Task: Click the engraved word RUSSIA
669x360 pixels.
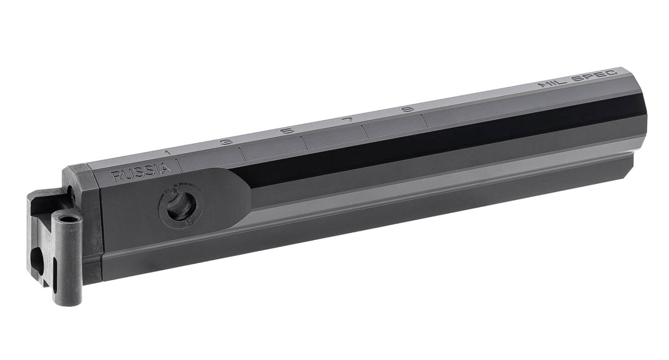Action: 140,173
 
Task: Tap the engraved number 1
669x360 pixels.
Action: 167,153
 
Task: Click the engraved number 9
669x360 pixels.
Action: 408,109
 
